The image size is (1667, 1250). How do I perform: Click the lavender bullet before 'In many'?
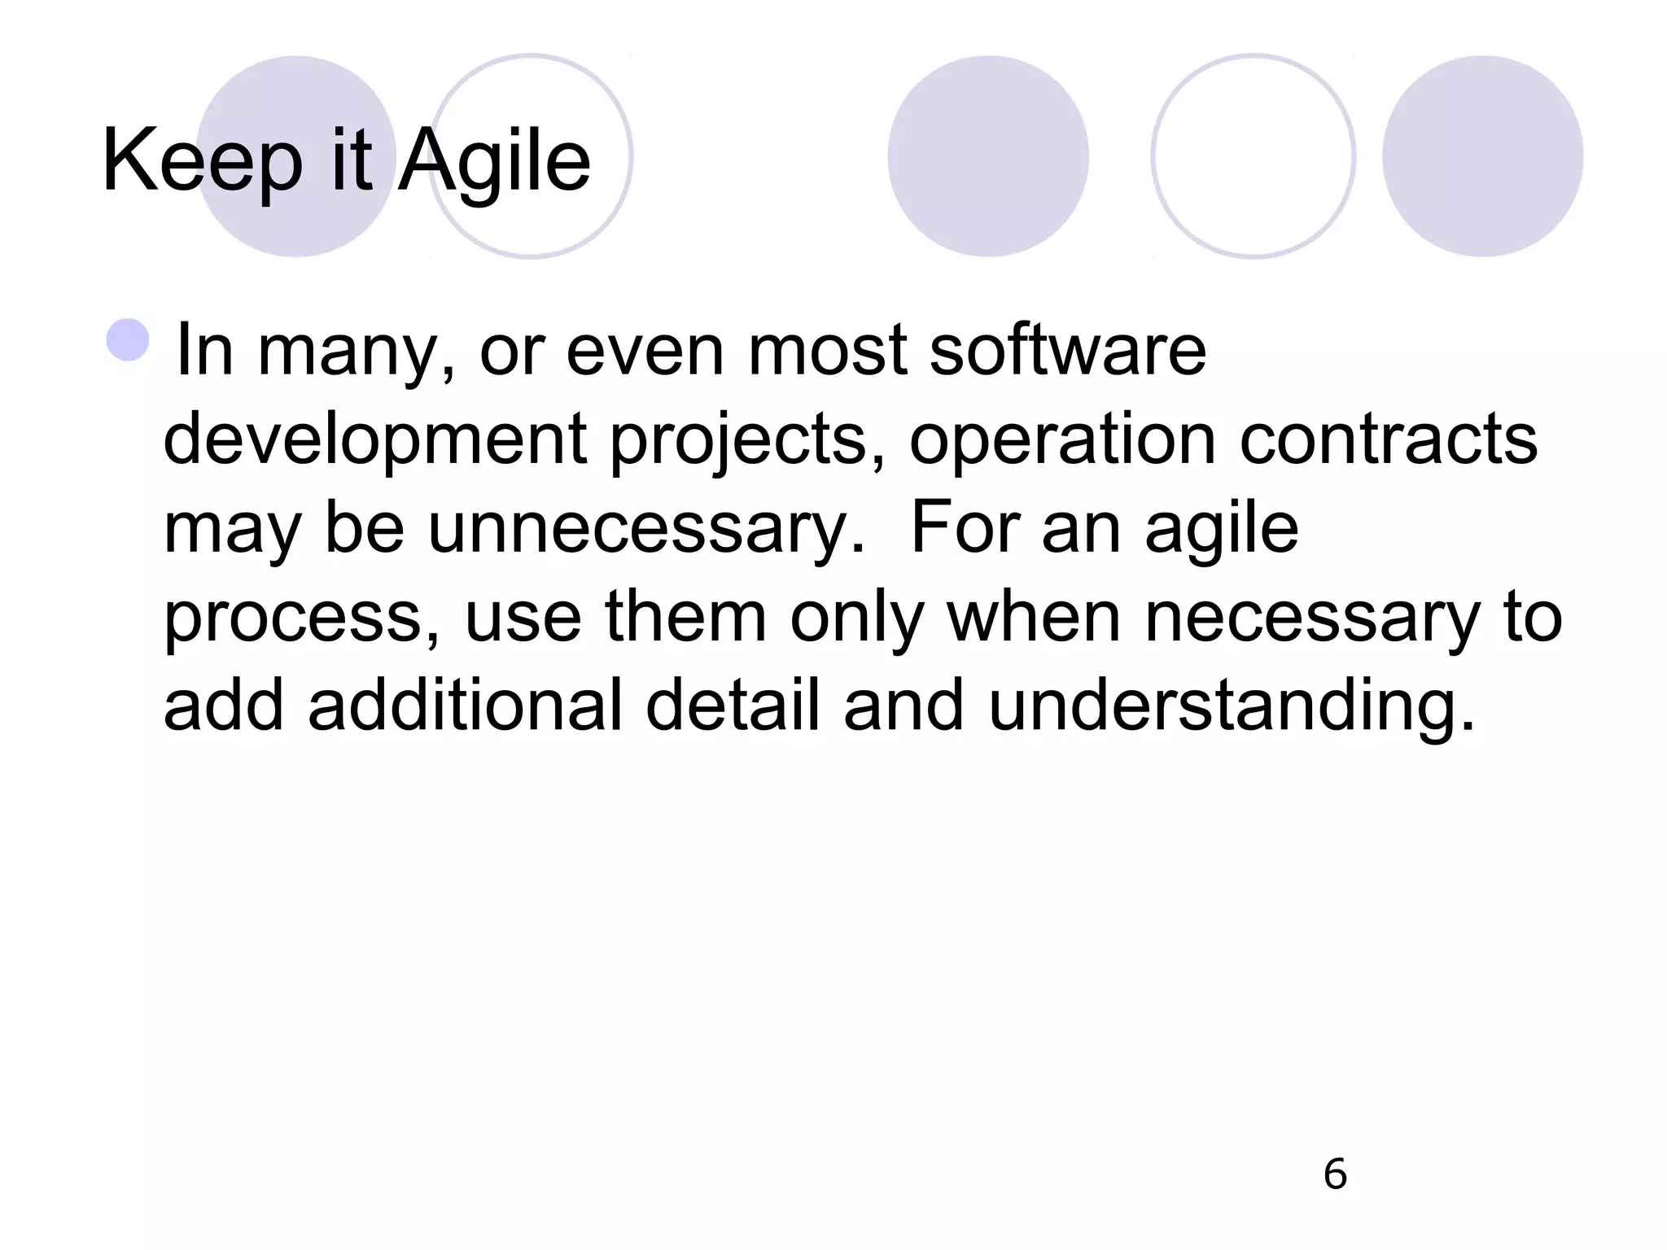[x=128, y=339]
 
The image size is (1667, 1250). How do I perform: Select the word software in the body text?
[x=1067, y=351]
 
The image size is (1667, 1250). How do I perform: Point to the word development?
[x=375, y=439]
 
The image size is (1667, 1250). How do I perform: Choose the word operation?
[x=1062, y=440]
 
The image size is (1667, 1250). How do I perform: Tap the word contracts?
[x=1388, y=439]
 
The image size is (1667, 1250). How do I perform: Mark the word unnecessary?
[x=646, y=528]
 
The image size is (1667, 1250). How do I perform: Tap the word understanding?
[x=1231, y=706]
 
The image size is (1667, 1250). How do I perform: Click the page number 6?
[x=1335, y=1174]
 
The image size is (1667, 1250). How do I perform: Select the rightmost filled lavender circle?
[x=1482, y=156]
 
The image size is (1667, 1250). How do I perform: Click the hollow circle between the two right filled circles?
[x=1253, y=156]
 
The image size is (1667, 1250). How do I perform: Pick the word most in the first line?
[x=827, y=351]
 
